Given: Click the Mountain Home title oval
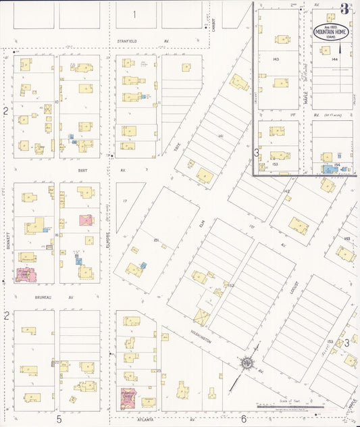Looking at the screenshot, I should tap(328, 31).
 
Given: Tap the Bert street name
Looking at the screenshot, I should tap(83, 171).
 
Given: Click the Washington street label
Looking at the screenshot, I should tap(200, 337).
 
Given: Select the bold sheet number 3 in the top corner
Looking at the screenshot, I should tap(344, 9).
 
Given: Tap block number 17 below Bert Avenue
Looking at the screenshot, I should tap(125, 201).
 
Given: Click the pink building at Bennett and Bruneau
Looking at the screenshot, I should tap(26, 274).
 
